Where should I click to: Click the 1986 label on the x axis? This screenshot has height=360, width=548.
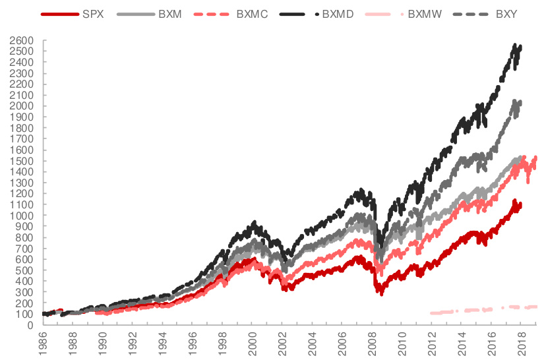pos(43,343)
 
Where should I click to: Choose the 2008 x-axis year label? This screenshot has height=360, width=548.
pos(372,343)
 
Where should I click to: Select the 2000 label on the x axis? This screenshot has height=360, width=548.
pos(253,343)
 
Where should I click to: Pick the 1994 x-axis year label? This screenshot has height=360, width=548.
pos(163,343)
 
